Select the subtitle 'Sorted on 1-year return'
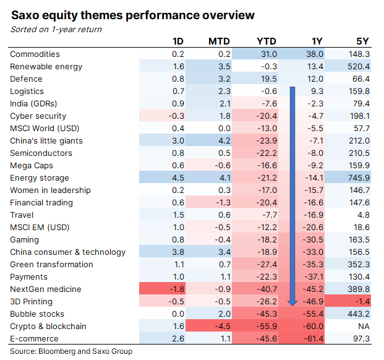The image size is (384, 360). (x=56, y=29)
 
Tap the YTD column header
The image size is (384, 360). (x=267, y=42)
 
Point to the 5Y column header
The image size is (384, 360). (x=363, y=42)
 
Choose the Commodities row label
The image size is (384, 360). (x=35, y=54)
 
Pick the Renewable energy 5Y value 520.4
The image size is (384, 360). (x=359, y=67)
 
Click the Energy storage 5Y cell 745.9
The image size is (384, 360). (x=359, y=178)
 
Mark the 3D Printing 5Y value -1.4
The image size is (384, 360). (x=362, y=302)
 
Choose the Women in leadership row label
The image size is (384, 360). (x=50, y=191)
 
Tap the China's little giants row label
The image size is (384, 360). (x=46, y=141)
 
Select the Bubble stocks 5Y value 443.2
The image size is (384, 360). (x=359, y=314)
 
